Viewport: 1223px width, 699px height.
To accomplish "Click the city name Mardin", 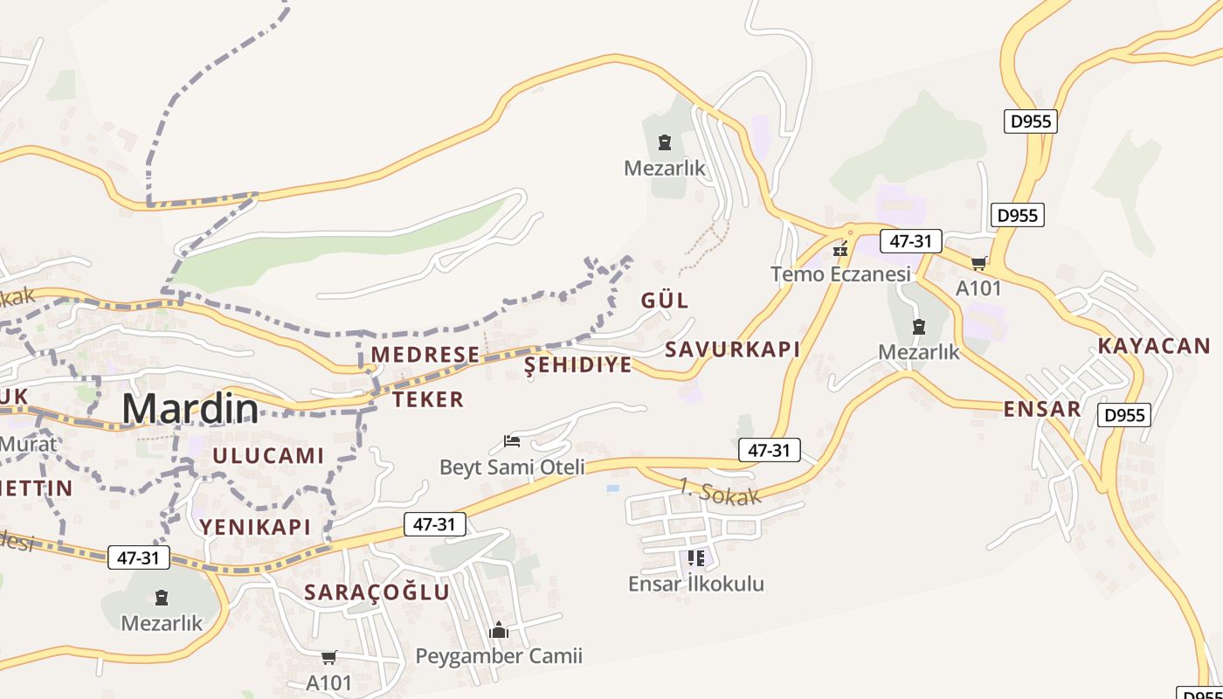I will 190,408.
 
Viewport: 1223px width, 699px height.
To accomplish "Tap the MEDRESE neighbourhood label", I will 425,354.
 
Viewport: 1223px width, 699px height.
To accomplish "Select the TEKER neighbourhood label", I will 428,399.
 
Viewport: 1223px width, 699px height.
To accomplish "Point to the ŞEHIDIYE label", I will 577,365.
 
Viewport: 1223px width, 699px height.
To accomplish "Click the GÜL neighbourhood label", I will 665,301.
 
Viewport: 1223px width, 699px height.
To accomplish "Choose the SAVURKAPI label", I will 732,349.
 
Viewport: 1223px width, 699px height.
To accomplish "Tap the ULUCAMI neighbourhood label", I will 268,455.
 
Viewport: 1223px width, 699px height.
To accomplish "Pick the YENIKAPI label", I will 255,526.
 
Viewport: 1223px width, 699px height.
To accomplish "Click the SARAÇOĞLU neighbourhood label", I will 377,592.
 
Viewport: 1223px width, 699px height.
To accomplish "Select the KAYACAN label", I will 1154,345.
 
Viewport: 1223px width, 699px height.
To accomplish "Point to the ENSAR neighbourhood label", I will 1042,409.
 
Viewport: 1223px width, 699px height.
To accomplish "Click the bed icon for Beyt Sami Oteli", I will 512,441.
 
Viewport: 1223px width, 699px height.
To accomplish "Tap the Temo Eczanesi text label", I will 840,274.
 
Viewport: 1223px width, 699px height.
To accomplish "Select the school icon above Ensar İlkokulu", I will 695,557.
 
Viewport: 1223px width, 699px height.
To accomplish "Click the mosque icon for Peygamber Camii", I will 499,630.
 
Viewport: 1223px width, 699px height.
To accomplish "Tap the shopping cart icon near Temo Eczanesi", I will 978,263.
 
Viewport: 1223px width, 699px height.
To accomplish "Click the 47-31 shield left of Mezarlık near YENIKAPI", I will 139,557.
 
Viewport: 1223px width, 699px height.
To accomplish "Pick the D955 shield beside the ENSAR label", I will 1123,415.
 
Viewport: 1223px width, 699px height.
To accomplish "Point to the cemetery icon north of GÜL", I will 665,142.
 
